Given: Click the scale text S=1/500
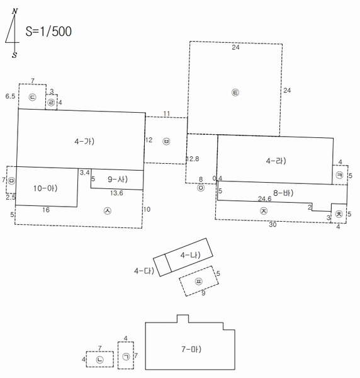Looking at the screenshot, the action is pyautogui.click(x=48, y=31).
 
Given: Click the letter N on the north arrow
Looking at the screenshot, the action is pyautogui.click(x=15, y=11).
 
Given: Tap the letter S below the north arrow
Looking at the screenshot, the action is pyautogui.click(x=14, y=55).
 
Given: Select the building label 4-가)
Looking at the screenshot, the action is pyautogui.click(x=84, y=141).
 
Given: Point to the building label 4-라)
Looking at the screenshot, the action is pyautogui.click(x=276, y=161).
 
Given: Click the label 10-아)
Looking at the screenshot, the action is pyautogui.click(x=45, y=188).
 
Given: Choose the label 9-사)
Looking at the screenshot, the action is pyautogui.click(x=118, y=180).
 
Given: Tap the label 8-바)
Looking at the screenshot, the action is pyautogui.click(x=283, y=193).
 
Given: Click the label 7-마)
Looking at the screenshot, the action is pyautogui.click(x=191, y=349).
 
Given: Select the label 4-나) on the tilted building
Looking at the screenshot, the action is pyautogui.click(x=190, y=255).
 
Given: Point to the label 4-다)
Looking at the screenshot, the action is pyautogui.click(x=144, y=271).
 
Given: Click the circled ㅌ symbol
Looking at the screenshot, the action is pyautogui.click(x=235, y=93).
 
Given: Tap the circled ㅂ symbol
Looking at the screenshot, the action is pyautogui.click(x=166, y=141).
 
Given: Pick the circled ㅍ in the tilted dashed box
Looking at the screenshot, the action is pyautogui.click(x=198, y=282).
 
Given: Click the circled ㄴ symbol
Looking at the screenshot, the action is pyautogui.click(x=99, y=360).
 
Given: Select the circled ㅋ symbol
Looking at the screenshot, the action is pyautogui.click(x=339, y=175).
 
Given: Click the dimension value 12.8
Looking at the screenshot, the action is pyautogui.click(x=193, y=159).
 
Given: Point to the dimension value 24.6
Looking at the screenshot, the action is pyautogui.click(x=264, y=198).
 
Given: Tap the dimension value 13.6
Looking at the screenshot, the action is pyautogui.click(x=116, y=193).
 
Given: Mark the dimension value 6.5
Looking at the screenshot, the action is pyautogui.click(x=10, y=96).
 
